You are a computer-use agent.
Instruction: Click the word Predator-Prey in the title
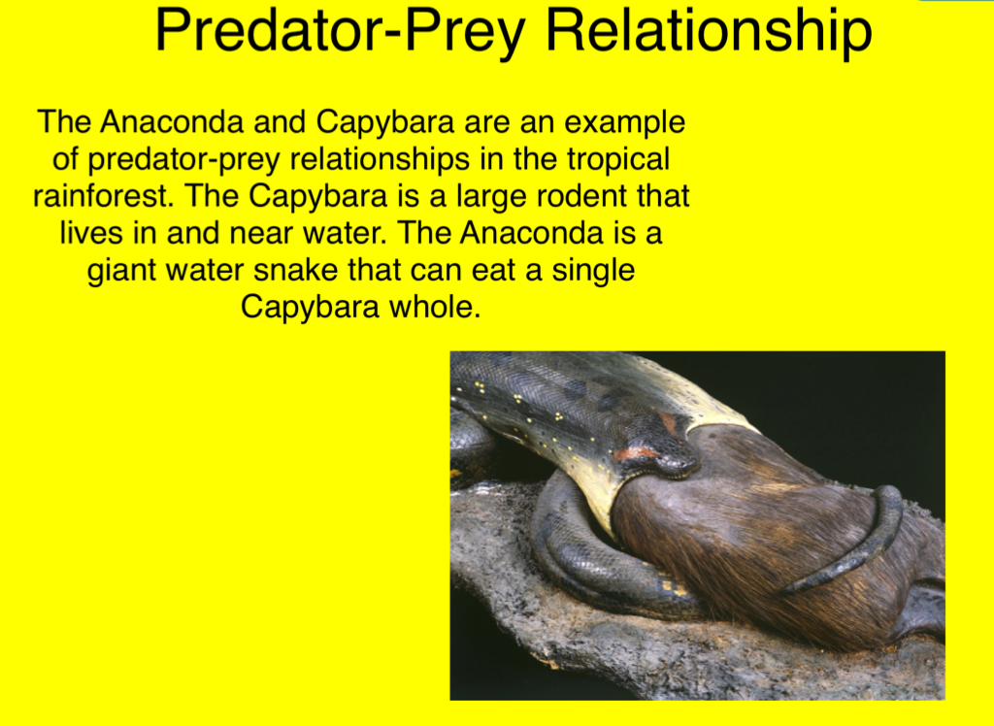coord(340,30)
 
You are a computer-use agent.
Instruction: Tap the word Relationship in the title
coord(709,30)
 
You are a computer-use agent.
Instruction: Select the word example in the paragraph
coord(624,121)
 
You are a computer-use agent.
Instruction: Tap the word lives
coord(91,232)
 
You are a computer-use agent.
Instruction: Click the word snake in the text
coord(295,270)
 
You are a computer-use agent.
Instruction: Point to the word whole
coord(435,307)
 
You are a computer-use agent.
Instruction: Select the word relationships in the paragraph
coord(380,159)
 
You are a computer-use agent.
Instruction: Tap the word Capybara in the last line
coord(310,308)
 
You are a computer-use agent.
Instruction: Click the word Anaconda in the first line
coord(171,121)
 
